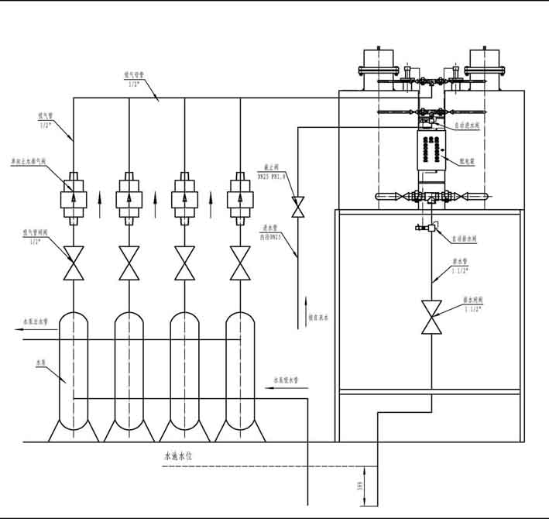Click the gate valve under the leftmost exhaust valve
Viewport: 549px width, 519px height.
coord(74,263)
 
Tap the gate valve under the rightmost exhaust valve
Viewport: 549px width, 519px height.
coord(239,263)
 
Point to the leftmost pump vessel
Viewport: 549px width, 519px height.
coord(74,372)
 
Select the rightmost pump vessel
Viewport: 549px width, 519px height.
coord(239,372)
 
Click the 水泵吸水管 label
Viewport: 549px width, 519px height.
coord(287,380)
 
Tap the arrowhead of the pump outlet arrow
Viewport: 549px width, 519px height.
coord(17,329)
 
